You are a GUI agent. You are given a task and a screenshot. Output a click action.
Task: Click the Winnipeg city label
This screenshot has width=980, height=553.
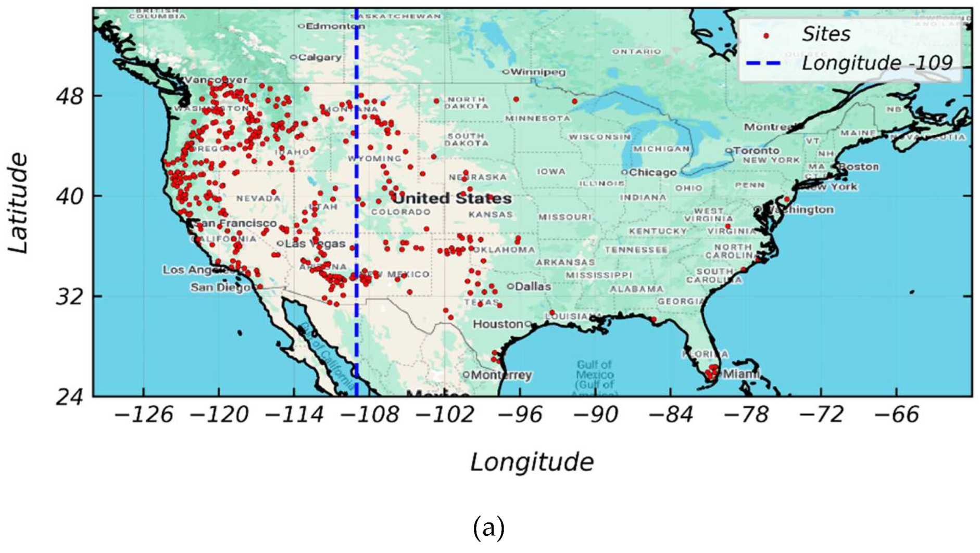[x=537, y=72]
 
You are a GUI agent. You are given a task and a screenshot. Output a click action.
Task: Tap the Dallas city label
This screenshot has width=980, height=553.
[x=532, y=286]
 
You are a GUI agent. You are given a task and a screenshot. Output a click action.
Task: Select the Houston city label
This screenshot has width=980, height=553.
[x=498, y=324]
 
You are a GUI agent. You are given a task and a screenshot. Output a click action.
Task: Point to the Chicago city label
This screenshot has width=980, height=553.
[x=652, y=172]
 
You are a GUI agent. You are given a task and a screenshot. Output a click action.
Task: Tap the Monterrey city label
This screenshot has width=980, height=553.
[x=501, y=375]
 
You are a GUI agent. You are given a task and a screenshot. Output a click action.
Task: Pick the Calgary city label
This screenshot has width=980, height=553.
[x=319, y=57]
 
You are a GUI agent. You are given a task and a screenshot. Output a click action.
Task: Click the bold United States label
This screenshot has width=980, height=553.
[x=451, y=198]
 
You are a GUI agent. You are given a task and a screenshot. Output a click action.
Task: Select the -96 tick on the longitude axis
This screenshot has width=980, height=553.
[x=522, y=415]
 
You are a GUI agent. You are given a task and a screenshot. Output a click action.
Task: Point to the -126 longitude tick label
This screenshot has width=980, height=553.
[x=143, y=415]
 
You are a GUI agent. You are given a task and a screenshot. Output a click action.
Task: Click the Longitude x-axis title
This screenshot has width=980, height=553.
[x=532, y=462]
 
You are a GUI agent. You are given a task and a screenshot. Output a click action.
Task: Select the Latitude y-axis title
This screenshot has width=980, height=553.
[x=18, y=203]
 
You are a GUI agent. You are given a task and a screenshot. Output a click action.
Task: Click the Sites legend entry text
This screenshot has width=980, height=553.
[x=826, y=34]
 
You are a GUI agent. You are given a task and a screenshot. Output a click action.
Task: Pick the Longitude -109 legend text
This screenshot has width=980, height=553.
[x=877, y=63]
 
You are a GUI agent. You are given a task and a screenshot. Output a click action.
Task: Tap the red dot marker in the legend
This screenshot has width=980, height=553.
[x=765, y=36]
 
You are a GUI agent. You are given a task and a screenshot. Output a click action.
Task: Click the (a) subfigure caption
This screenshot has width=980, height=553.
[x=488, y=529]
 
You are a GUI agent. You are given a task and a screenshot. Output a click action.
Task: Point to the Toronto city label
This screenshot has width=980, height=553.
[x=756, y=150]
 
